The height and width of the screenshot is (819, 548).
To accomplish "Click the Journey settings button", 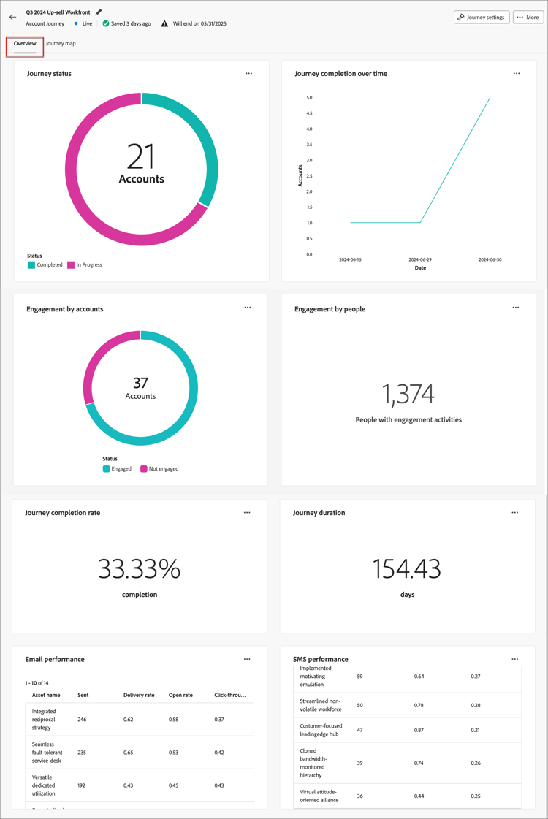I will (x=482, y=17).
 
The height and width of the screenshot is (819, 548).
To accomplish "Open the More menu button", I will (x=528, y=17).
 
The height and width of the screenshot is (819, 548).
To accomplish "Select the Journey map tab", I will (x=61, y=44).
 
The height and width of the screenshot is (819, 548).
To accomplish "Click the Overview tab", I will (x=25, y=44).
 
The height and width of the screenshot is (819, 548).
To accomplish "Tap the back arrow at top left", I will (x=12, y=17).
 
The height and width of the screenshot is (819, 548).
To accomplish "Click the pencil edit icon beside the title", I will (x=99, y=12).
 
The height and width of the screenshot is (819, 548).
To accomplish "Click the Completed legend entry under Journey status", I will (x=45, y=265).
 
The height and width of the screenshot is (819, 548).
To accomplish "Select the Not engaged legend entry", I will (x=159, y=469).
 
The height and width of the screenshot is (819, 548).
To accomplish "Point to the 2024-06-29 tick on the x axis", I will (x=420, y=259).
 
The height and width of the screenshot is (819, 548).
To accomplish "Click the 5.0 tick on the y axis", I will (x=309, y=98).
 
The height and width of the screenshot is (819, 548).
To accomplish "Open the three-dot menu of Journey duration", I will (x=515, y=513).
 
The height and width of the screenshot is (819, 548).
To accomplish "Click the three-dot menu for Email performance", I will (x=247, y=659).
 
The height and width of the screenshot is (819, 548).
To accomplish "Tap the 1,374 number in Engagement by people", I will (x=408, y=395).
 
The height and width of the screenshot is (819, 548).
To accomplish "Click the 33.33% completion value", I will (x=139, y=569).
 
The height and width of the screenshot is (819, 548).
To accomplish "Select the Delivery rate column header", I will (x=139, y=695).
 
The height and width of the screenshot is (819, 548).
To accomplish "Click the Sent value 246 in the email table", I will (x=82, y=720).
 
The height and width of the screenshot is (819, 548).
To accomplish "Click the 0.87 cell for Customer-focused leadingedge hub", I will (x=419, y=730).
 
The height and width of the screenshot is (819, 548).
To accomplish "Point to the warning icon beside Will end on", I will (x=164, y=23).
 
